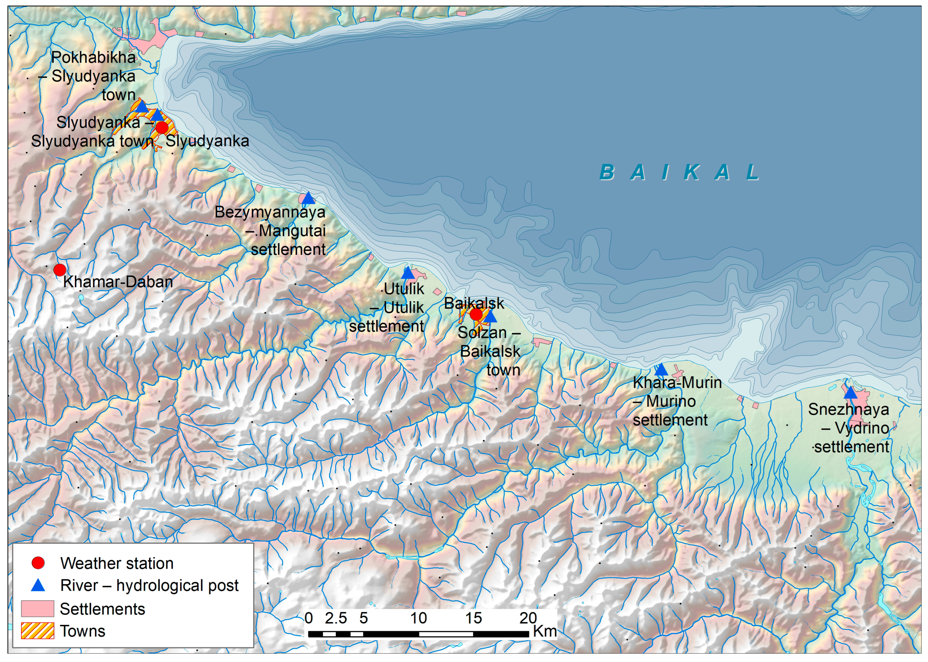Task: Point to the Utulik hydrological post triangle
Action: click(x=408, y=273)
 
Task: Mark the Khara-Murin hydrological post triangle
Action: click(x=661, y=370)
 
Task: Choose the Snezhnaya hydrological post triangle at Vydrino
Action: click(x=850, y=393)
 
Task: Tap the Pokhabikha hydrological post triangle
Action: click(x=141, y=107)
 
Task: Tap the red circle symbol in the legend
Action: click(x=38, y=563)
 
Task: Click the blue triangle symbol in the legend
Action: click(x=38, y=585)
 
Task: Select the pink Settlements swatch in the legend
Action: click(x=38, y=609)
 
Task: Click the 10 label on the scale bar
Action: click(x=418, y=618)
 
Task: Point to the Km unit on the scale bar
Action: click(x=545, y=631)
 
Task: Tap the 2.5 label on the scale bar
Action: click(x=336, y=618)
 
